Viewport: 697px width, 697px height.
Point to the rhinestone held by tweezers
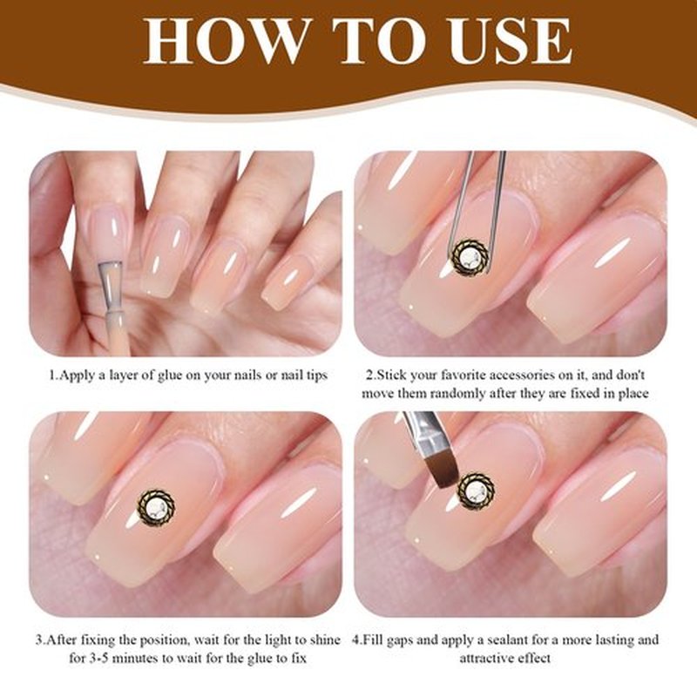[470, 257]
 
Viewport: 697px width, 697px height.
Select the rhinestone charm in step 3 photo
[156, 508]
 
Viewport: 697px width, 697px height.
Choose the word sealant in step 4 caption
[511, 640]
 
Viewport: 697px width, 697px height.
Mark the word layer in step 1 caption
[124, 376]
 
